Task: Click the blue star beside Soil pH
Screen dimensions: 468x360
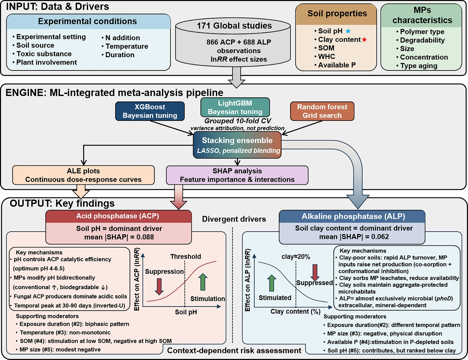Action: pyautogui.click(x=348, y=31)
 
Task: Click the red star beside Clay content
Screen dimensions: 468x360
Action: pyautogui.click(x=364, y=39)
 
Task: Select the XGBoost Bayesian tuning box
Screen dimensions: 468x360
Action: pyautogui.click(x=150, y=111)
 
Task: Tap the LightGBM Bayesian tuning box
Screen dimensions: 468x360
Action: pyautogui.click(x=235, y=107)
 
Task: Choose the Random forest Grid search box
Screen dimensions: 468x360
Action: pyautogui.click(x=322, y=111)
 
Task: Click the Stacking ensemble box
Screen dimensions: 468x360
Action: pyautogui.click(x=237, y=145)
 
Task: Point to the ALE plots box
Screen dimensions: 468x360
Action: pyautogui.click(x=83, y=175)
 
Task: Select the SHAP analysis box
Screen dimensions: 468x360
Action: pyautogui.click(x=237, y=175)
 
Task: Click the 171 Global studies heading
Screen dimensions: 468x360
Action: pyautogui.click(x=234, y=25)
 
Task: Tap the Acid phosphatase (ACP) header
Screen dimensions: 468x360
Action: pyautogui.click(x=118, y=216)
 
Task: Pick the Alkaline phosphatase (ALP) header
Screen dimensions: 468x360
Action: pyautogui.click(x=352, y=216)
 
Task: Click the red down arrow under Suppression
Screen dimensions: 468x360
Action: pyautogui.click(x=159, y=286)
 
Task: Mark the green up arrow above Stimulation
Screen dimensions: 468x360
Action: pyautogui.click(x=203, y=282)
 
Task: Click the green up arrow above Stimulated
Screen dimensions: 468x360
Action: pyautogui.click(x=271, y=283)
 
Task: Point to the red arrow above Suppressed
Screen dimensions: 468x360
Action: pyautogui.click(x=315, y=273)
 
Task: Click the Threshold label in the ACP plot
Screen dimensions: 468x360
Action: pyautogui.click(x=186, y=256)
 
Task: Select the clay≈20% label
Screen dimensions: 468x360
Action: pyautogui.click(x=296, y=257)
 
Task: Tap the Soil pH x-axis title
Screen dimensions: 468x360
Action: pyautogui.click(x=186, y=312)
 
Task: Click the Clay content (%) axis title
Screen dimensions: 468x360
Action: pyautogui.click(x=296, y=311)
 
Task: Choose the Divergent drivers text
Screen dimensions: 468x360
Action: pyautogui.click(x=234, y=219)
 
